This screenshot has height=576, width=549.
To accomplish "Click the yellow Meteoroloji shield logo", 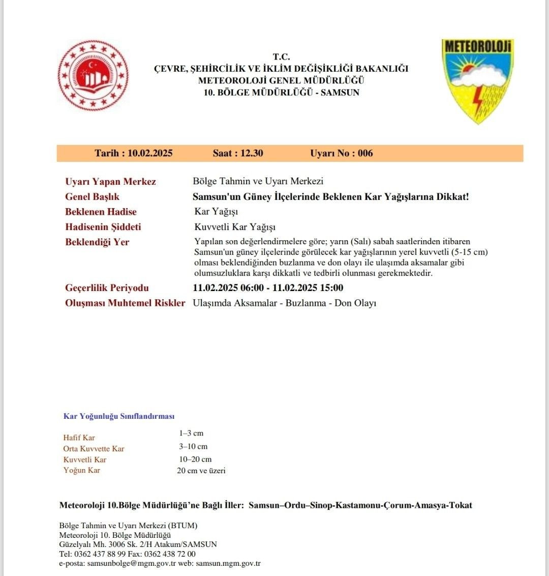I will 477,80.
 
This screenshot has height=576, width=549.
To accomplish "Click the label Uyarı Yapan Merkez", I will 110,182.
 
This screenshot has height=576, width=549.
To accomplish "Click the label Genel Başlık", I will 92,197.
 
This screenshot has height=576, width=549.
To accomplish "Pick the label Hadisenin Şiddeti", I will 103,227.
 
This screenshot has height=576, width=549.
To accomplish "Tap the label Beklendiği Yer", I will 97,242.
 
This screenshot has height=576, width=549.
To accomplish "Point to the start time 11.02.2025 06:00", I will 228,288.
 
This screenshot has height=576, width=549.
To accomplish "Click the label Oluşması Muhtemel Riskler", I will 125,303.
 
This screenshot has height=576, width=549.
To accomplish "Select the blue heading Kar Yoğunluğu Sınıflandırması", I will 118,416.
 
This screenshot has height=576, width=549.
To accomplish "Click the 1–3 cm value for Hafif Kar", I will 191,434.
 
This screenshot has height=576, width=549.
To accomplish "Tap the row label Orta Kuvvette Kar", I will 94,449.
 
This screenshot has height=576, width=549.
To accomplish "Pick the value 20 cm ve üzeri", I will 201,471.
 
